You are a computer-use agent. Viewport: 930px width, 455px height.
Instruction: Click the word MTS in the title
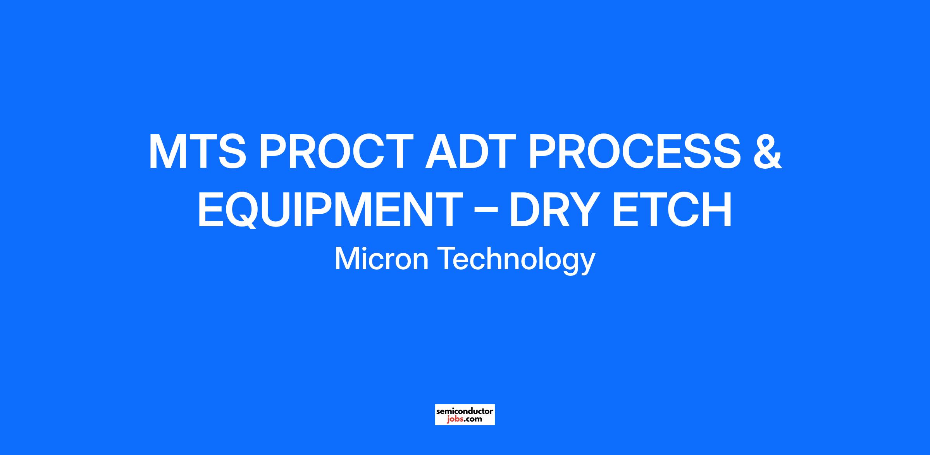pos(198,152)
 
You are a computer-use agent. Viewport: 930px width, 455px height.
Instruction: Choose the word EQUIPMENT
pos(330,209)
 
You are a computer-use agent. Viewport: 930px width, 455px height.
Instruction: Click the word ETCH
pos(672,209)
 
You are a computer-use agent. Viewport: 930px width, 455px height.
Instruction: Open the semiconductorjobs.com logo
pos(465,415)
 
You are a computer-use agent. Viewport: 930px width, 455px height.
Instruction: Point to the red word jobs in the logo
pos(454,419)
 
